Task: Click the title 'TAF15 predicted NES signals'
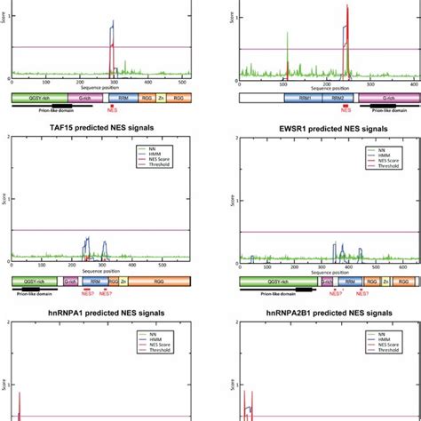coord(105,128)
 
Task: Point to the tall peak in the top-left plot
coord(113,23)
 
